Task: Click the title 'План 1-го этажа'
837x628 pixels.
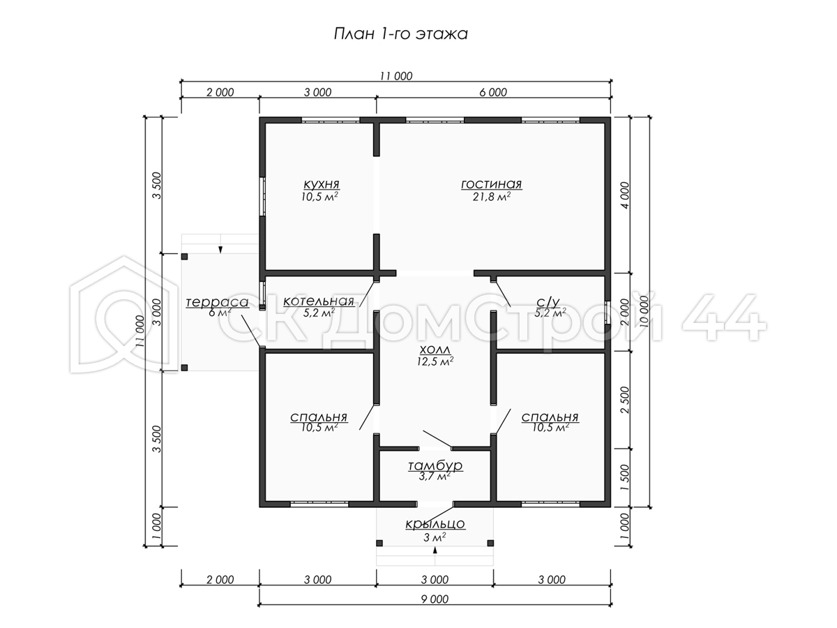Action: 400,34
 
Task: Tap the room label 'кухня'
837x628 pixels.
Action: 321,184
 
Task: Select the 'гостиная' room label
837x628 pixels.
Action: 491,184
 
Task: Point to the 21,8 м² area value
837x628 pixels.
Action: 491,197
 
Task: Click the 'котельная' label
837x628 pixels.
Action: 319,301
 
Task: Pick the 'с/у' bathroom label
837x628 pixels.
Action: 548,302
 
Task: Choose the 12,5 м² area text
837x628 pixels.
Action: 435,361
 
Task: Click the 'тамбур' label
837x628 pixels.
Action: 435,466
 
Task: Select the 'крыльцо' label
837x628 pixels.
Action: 435,524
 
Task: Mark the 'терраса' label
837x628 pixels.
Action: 217,302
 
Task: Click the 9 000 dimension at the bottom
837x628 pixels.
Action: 435,599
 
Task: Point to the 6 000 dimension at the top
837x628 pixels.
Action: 493,92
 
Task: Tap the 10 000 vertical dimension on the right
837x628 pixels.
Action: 644,311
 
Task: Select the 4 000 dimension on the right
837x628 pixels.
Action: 624,195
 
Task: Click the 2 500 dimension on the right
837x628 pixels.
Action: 624,400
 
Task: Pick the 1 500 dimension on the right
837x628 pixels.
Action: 624,478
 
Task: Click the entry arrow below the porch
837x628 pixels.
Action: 435,551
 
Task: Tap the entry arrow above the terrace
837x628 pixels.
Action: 220,250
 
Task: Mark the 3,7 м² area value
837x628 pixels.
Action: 435,477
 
